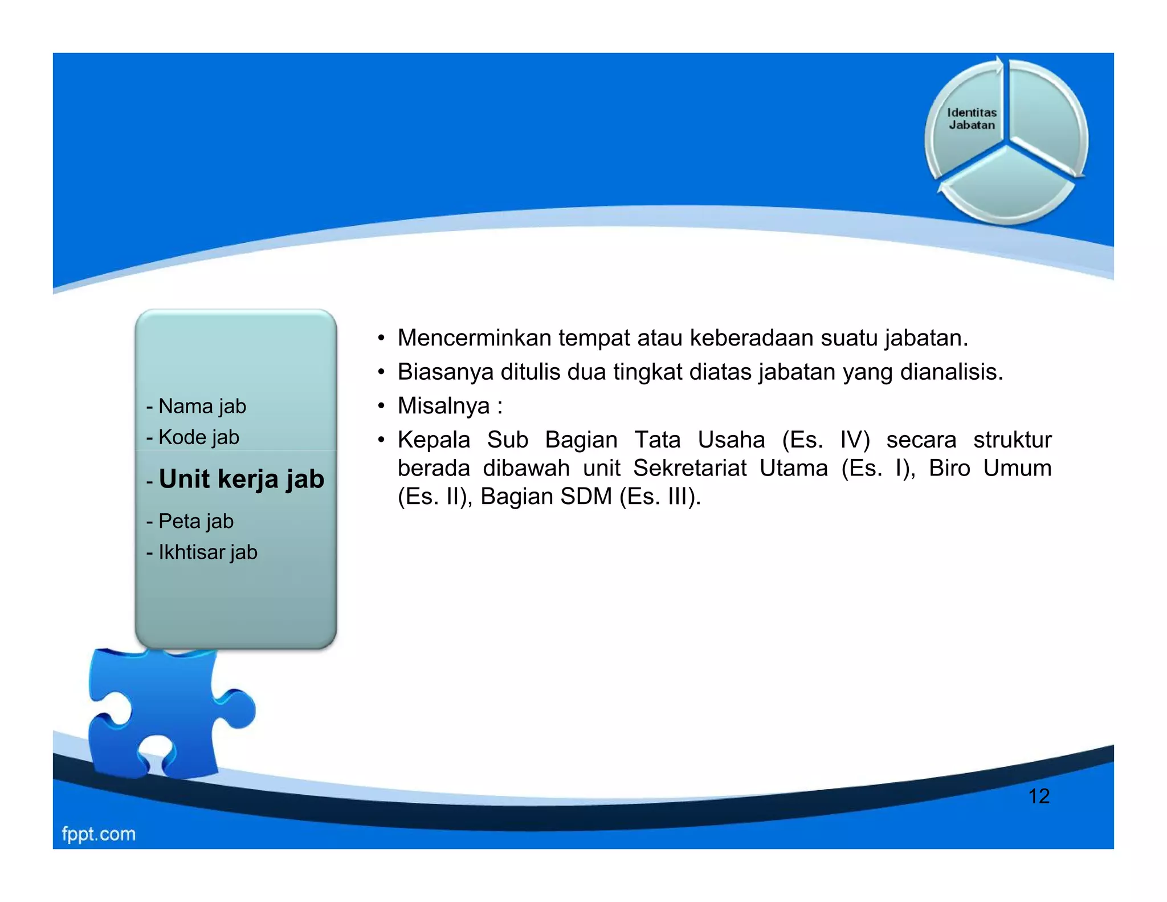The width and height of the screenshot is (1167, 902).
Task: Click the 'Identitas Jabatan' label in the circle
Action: tap(972, 119)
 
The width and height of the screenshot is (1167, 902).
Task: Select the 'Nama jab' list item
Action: tap(202, 406)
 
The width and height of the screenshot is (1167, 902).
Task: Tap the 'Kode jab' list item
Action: tap(198, 437)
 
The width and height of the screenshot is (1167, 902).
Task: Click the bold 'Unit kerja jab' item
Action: tap(241, 479)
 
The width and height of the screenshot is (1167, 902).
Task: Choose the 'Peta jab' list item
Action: tap(195, 521)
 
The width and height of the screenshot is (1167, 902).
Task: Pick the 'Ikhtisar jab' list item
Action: tap(207, 552)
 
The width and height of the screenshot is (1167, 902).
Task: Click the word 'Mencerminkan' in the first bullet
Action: tap(474, 338)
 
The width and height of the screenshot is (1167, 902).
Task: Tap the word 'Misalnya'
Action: tap(443, 406)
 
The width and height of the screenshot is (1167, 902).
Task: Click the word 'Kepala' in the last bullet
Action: tap(434, 440)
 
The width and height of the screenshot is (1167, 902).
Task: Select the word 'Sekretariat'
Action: tap(689, 468)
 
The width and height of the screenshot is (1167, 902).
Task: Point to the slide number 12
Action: tap(1039, 796)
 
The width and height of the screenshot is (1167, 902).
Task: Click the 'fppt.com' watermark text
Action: tap(99, 834)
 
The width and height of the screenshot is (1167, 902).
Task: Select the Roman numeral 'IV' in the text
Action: tap(854, 440)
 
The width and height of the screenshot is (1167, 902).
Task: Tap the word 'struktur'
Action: tap(1012, 440)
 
